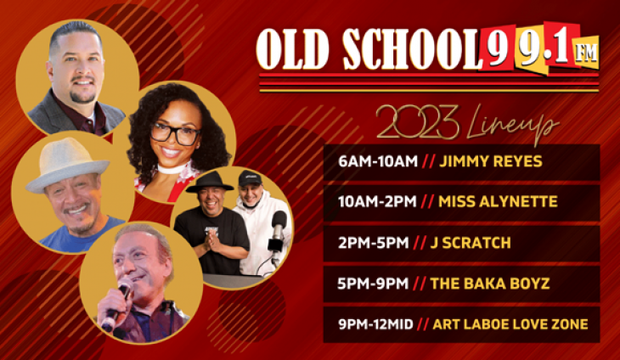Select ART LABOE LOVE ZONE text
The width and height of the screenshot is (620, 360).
pos(510,323)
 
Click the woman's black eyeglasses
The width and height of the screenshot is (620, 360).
pos(175,133)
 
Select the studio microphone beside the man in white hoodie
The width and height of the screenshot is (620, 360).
pos(277,227)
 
